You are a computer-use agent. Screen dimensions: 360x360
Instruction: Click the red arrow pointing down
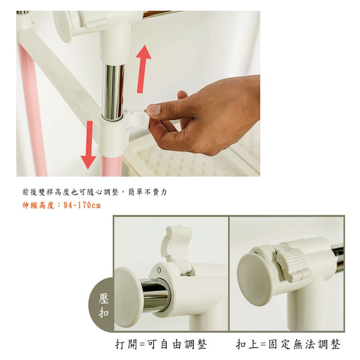(88, 145)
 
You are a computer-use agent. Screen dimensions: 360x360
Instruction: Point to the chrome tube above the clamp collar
(113, 92)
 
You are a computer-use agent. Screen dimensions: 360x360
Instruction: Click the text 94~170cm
(82, 205)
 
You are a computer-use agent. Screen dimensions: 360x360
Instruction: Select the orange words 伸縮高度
(38, 205)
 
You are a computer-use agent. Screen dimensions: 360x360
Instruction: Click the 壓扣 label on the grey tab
(103, 306)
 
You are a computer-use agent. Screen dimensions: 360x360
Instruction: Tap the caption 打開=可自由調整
(161, 344)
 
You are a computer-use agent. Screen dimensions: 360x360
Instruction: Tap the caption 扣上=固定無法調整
(288, 344)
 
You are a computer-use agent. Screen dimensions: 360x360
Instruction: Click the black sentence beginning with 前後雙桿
(94, 192)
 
